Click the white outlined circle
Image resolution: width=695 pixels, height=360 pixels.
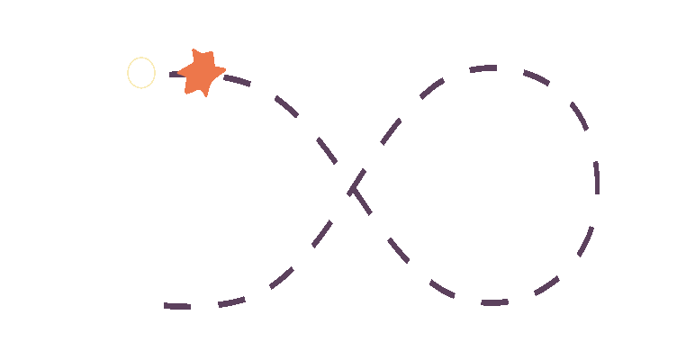(x=141, y=73)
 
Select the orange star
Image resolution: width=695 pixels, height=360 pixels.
(x=201, y=72)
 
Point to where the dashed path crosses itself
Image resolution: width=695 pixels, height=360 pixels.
(x=352, y=187)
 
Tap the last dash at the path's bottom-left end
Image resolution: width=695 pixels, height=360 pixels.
(x=177, y=307)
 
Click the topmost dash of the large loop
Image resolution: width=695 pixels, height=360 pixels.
(x=483, y=68)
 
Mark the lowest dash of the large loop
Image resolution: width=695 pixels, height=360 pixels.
(x=493, y=302)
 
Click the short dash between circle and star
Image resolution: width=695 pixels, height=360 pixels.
(x=175, y=74)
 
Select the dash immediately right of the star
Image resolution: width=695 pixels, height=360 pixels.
(x=236, y=80)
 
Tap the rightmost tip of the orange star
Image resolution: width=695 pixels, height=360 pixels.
(x=225, y=69)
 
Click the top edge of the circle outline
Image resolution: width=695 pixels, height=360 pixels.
(x=141, y=58)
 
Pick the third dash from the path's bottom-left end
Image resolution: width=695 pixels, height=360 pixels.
(x=281, y=278)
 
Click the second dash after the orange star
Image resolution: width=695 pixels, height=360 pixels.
(x=287, y=107)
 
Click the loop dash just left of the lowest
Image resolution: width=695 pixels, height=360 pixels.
(x=442, y=288)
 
